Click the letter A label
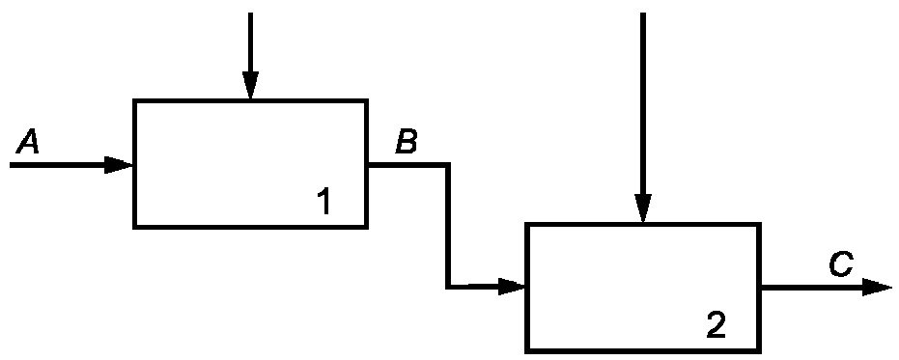[27, 142]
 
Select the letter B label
[407, 142]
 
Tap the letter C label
[841, 264]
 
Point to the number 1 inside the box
[323, 201]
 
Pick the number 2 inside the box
[716, 324]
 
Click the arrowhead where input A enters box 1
[119, 165]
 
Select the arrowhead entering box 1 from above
[250, 86]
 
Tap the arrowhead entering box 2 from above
[643, 208]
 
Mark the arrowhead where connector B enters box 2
[512, 286]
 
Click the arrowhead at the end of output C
[877, 288]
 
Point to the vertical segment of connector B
[448, 225]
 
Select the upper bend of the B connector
[448, 165]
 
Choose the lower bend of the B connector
[448, 286]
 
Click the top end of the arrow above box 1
[250, 13]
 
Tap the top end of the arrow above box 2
[643, 13]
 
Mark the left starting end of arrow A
[11, 165]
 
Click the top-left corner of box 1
[134, 101]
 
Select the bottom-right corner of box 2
[760, 349]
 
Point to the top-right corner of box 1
[366, 101]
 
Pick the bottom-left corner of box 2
[527, 349]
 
